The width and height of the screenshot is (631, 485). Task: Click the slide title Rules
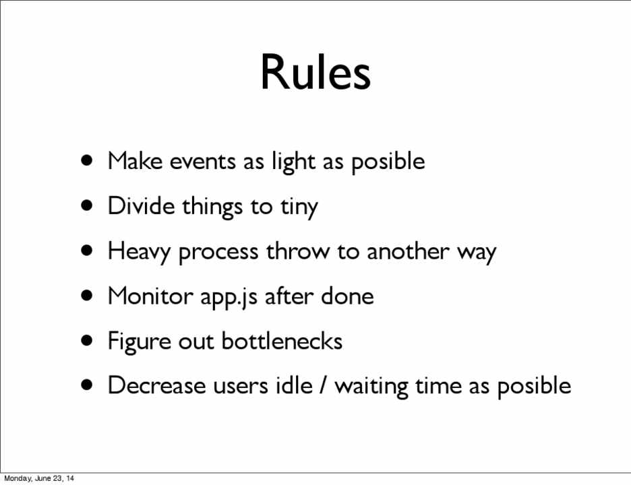tap(315, 72)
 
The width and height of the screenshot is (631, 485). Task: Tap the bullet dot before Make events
tap(87, 161)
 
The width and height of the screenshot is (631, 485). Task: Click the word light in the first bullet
tap(293, 162)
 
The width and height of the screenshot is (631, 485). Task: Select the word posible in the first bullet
tap(388, 162)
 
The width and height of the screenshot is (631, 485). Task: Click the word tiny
tap(299, 207)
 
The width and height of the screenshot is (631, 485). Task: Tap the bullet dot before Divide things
tap(87, 206)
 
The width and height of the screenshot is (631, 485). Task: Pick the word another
tap(408, 251)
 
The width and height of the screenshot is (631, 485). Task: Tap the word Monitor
tap(150, 296)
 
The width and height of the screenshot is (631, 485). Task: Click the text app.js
tap(229, 298)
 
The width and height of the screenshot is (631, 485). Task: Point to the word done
tap(347, 296)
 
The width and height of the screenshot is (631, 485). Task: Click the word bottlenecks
tap(282, 341)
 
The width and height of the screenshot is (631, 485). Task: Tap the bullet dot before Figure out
tap(87, 341)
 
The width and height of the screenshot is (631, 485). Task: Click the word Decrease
tap(156, 385)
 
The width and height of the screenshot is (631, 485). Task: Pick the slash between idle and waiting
tap(323, 385)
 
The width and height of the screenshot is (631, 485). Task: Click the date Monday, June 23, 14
tap(39, 478)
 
